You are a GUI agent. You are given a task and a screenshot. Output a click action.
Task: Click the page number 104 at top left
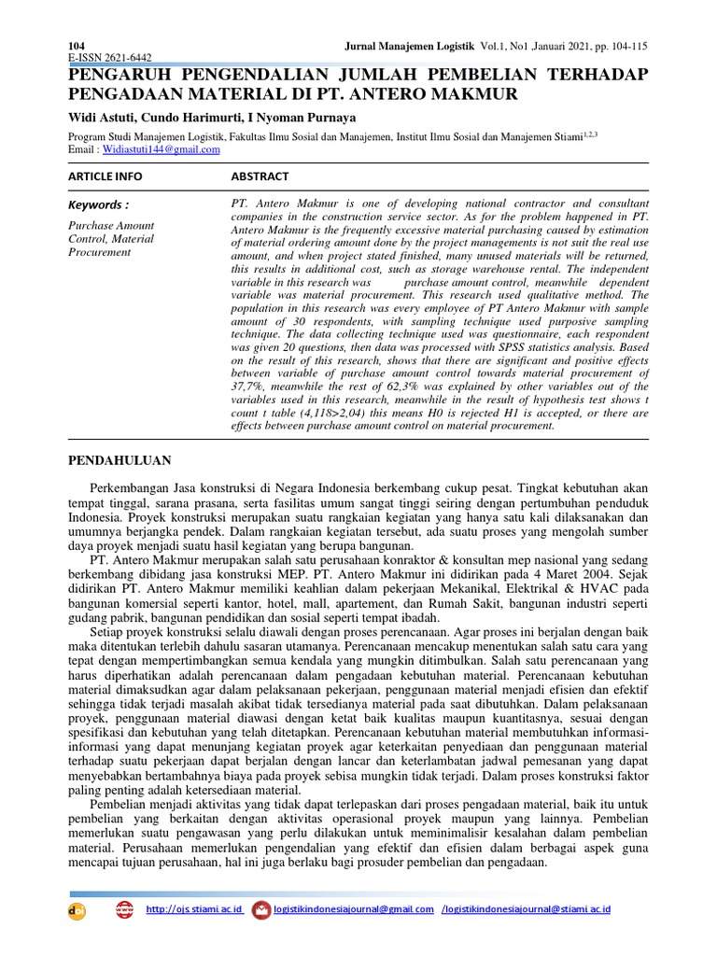point(77,46)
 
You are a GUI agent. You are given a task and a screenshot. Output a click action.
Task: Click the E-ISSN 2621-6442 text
point(110,58)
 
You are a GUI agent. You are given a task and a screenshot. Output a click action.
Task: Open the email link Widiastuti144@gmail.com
point(162,149)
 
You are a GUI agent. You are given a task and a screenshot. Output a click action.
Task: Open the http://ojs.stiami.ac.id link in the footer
point(195,909)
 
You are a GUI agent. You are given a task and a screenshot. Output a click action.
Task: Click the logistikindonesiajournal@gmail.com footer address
point(354,909)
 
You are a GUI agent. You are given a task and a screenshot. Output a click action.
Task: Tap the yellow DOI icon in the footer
point(77,911)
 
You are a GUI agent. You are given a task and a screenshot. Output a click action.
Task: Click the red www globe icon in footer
point(124,910)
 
